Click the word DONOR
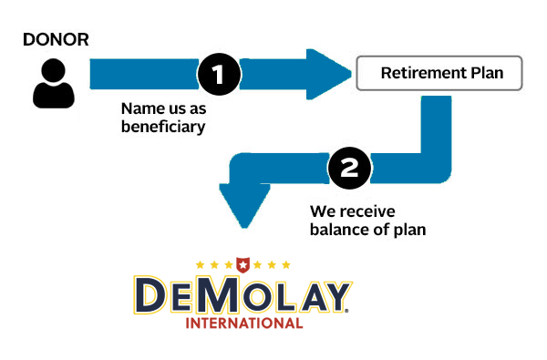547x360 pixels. pyautogui.click(x=56, y=39)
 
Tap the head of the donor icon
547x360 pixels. pyautogui.click(x=54, y=70)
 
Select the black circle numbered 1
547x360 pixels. pyautogui.click(x=219, y=74)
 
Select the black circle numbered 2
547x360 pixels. pyautogui.click(x=349, y=168)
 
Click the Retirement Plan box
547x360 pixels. pyautogui.click(x=439, y=73)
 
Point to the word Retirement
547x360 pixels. pyautogui.click(x=424, y=73)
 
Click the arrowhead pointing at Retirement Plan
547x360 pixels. pyautogui.click(x=328, y=74)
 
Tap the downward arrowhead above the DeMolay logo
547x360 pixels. pyautogui.click(x=244, y=206)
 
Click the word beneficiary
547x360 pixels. pyautogui.click(x=163, y=127)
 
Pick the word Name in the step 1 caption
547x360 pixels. pyautogui.click(x=139, y=108)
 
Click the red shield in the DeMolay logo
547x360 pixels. pyautogui.click(x=243, y=265)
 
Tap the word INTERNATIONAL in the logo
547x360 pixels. pyautogui.click(x=244, y=324)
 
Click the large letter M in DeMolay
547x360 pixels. pyautogui.click(x=217, y=294)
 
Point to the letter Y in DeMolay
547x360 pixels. pyautogui.click(x=335, y=296)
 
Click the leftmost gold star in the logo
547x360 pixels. pyautogui.click(x=200, y=265)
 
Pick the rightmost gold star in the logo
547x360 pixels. pyautogui.click(x=286, y=265)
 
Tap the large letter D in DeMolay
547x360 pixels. pyautogui.click(x=150, y=294)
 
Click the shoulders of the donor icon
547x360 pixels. pyautogui.click(x=54, y=95)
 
